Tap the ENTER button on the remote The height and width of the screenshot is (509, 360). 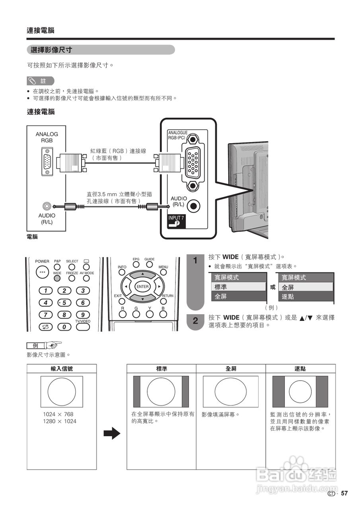pos(142,286)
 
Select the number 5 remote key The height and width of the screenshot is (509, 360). pos(64,302)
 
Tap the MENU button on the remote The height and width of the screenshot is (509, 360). pos(163,273)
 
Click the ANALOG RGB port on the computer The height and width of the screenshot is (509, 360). pos(47,161)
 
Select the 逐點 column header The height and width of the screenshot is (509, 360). pos(300,369)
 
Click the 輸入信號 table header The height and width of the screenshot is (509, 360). pos(62,369)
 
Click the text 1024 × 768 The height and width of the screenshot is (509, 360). pos(58,414)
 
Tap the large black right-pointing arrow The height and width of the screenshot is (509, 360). pos(112,433)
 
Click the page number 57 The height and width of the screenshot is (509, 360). pos(344,493)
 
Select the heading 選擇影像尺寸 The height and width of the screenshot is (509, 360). pos(51,50)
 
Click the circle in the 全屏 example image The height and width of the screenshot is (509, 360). pos(230,390)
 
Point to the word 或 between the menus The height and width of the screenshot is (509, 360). pos(273,287)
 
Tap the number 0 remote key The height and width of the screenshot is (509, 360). pos(64,327)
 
